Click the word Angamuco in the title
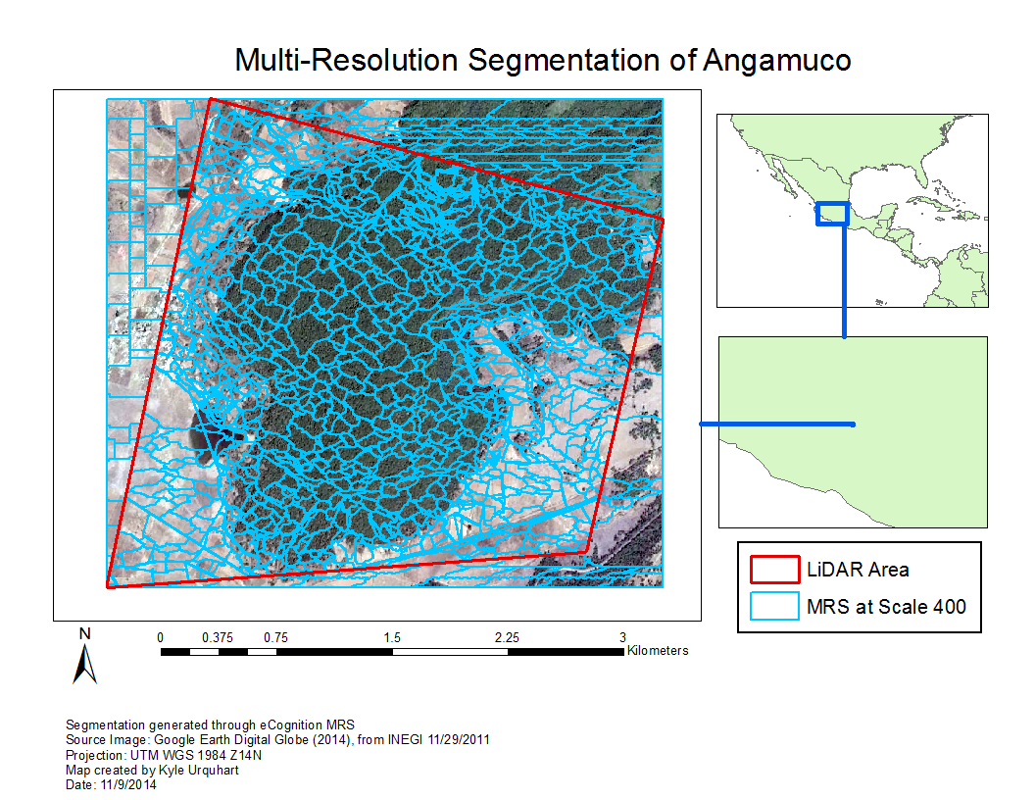[776, 61]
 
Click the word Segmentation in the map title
[563, 61]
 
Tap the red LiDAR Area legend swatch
[775, 570]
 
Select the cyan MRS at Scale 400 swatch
[775, 606]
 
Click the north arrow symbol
[84, 664]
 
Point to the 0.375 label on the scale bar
[218, 637]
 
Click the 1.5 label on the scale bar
[391, 637]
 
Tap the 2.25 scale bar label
[507, 637]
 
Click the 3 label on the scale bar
[622, 637]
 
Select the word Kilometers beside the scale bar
[658, 651]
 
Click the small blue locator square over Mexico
[832, 214]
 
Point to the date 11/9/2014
[128, 785]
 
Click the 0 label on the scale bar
[161, 637]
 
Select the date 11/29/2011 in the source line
[459, 740]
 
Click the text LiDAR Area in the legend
[858, 570]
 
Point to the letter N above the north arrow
[84, 633]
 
